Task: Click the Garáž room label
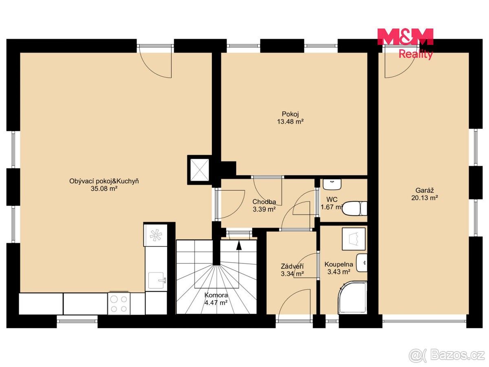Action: tap(424, 190)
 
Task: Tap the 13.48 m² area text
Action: tap(290, 122)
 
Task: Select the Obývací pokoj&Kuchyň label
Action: tap(104, 181)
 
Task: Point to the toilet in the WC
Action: tap(355, 208)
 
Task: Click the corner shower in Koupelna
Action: tap(352, 298)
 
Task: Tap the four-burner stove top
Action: tap(119, 304)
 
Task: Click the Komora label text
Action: tap(216, 295)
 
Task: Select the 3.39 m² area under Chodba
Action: tap(264, 209)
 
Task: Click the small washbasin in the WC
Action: tap(332, 184)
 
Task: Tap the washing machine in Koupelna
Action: tap(354, 239)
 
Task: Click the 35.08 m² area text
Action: tap(104, 188)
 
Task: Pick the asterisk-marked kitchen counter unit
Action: tap(156, 235)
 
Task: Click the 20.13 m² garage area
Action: tap(425, 198)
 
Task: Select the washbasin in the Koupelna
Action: tap(361, 263)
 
